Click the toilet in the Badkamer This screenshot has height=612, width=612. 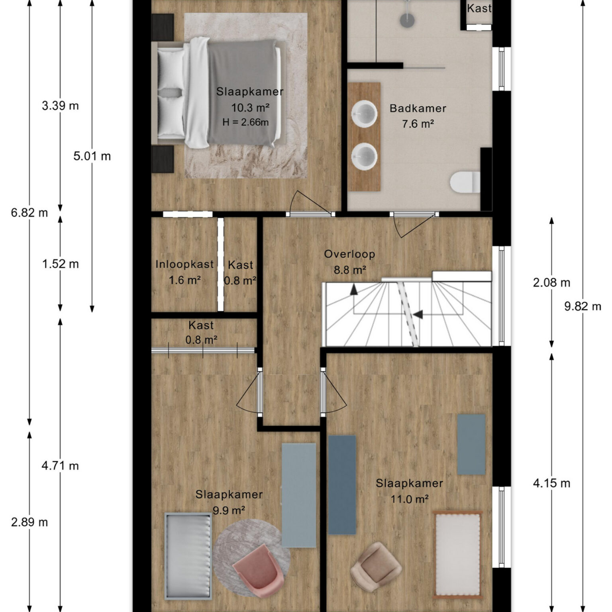click(x=465, y=182)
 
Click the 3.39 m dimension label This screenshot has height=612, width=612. click(x=60, y=106)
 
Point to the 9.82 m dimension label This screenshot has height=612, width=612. click(x=583, y=306)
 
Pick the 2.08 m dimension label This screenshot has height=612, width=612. click(x=551, y=282)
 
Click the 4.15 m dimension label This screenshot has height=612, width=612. click(x=551, y=483)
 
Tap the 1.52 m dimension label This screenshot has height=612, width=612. click(x=60, y=264)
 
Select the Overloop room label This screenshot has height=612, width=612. click(x=349, y=254)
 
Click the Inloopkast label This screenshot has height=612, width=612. click(x=184, y=264)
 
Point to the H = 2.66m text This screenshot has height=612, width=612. click(x=245, y=122)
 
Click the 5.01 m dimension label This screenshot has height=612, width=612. click(x=92, y=156)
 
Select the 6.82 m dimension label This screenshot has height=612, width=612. click(x=29, y=213)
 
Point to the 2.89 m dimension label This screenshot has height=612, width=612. click(x=29, y=522)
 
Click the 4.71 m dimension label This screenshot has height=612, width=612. click(x=60, y=465)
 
